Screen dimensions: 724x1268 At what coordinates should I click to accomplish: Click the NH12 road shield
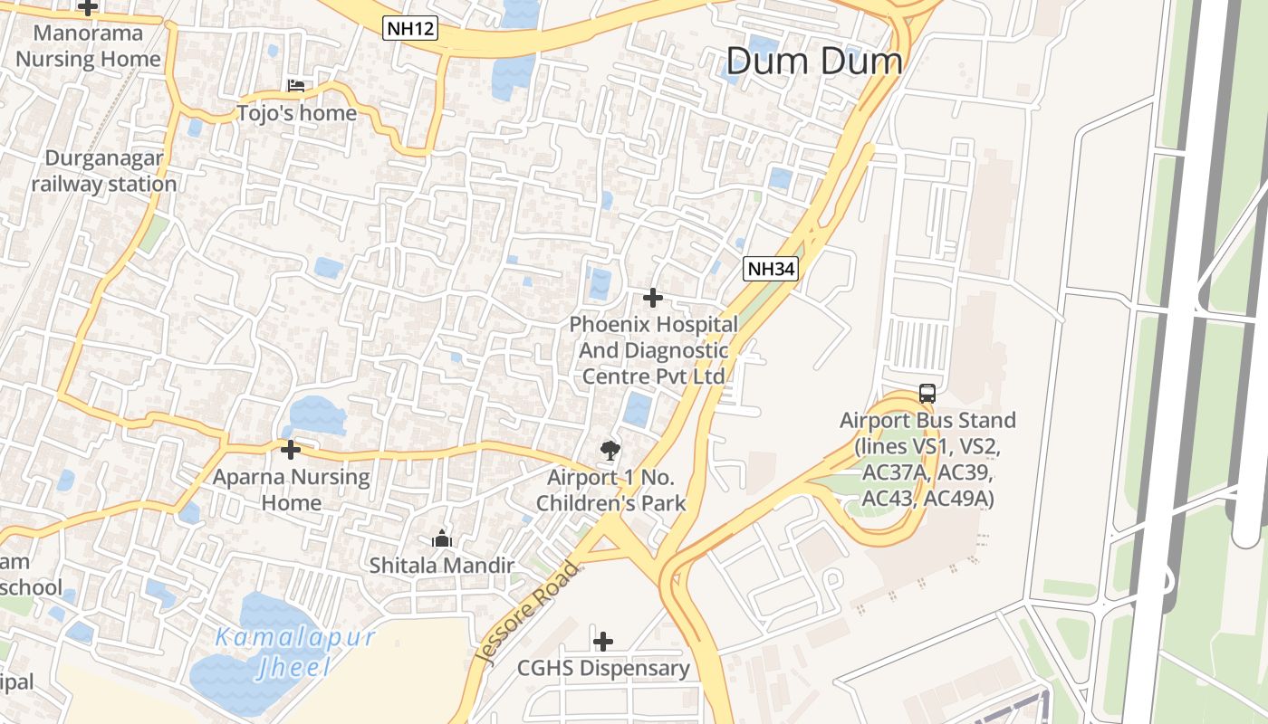click(410, 28)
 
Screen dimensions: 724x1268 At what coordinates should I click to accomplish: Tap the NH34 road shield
click(771, 268)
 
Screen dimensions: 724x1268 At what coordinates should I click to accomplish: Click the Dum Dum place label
click(814, 62)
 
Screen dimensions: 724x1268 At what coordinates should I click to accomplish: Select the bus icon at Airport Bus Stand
click(927, 394)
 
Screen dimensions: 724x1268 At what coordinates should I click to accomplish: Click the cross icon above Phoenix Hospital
click(652, 297)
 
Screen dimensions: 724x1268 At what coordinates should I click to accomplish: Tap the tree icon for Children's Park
click(610, 450)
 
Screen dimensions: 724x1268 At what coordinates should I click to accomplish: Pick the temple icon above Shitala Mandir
click(442, 539)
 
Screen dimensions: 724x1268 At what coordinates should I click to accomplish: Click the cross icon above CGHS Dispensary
click(603, 642)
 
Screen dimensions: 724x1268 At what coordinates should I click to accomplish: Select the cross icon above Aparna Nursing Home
click(291, 449)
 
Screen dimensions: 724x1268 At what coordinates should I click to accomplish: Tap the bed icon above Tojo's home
click(296, 87)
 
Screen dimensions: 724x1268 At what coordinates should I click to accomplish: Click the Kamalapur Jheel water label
click(295, 652)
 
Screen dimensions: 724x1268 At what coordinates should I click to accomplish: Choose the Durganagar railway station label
click(104, 171)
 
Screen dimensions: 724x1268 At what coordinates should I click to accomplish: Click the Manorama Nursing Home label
click(88, 46)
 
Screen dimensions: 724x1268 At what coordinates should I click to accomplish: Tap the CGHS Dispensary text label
click(603, 669)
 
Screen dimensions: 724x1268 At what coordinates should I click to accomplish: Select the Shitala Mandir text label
click(442, 566)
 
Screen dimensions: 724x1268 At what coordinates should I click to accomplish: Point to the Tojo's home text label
click(296, 113)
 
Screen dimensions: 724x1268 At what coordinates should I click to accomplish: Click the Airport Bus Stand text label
click(927, 459)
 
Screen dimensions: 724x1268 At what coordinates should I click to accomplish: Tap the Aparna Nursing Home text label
click(292, 490)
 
